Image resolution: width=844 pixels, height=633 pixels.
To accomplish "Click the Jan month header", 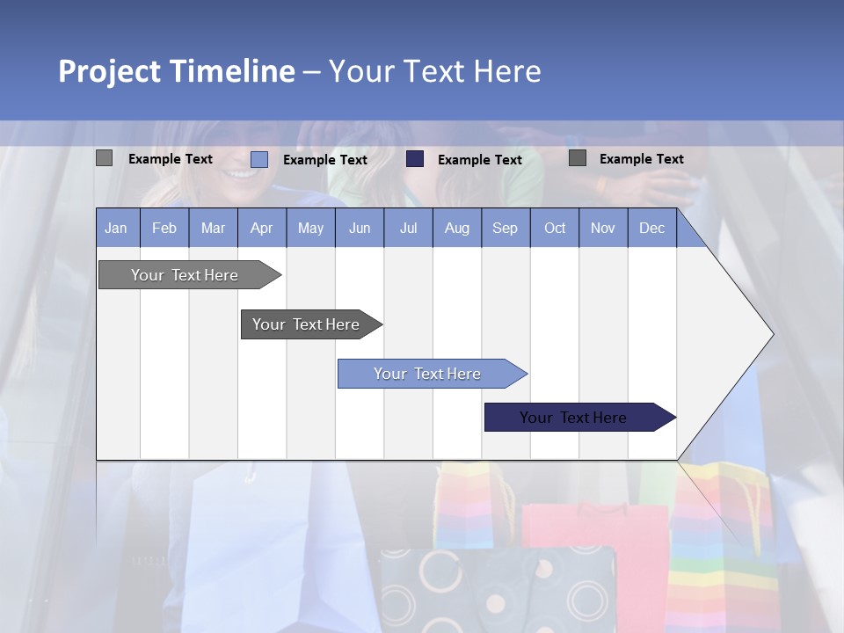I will pos(116,228).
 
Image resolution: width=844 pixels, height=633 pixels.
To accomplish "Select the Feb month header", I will pos(164,228).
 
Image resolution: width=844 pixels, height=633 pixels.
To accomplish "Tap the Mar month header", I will pos(213,228).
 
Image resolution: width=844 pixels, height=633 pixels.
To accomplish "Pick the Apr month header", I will pos(261,228).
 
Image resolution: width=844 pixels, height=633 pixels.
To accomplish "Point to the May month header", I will pos(310,228).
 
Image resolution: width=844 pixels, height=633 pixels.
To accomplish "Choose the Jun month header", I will pos(360,228).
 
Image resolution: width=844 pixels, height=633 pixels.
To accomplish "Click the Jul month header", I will pos(408,228).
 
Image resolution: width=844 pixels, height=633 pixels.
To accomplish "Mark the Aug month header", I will pos(456,228).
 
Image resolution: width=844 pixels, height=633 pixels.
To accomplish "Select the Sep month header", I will pos(505,228).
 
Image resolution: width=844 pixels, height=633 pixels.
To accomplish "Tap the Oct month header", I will pos(555,228).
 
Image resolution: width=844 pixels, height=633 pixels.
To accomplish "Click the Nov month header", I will pos(603,228).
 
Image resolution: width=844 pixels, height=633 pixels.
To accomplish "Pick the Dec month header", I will pos(651,228).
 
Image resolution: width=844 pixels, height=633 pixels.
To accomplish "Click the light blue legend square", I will pos(259,159).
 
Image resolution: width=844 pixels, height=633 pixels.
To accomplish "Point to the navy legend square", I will pos(415,159).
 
